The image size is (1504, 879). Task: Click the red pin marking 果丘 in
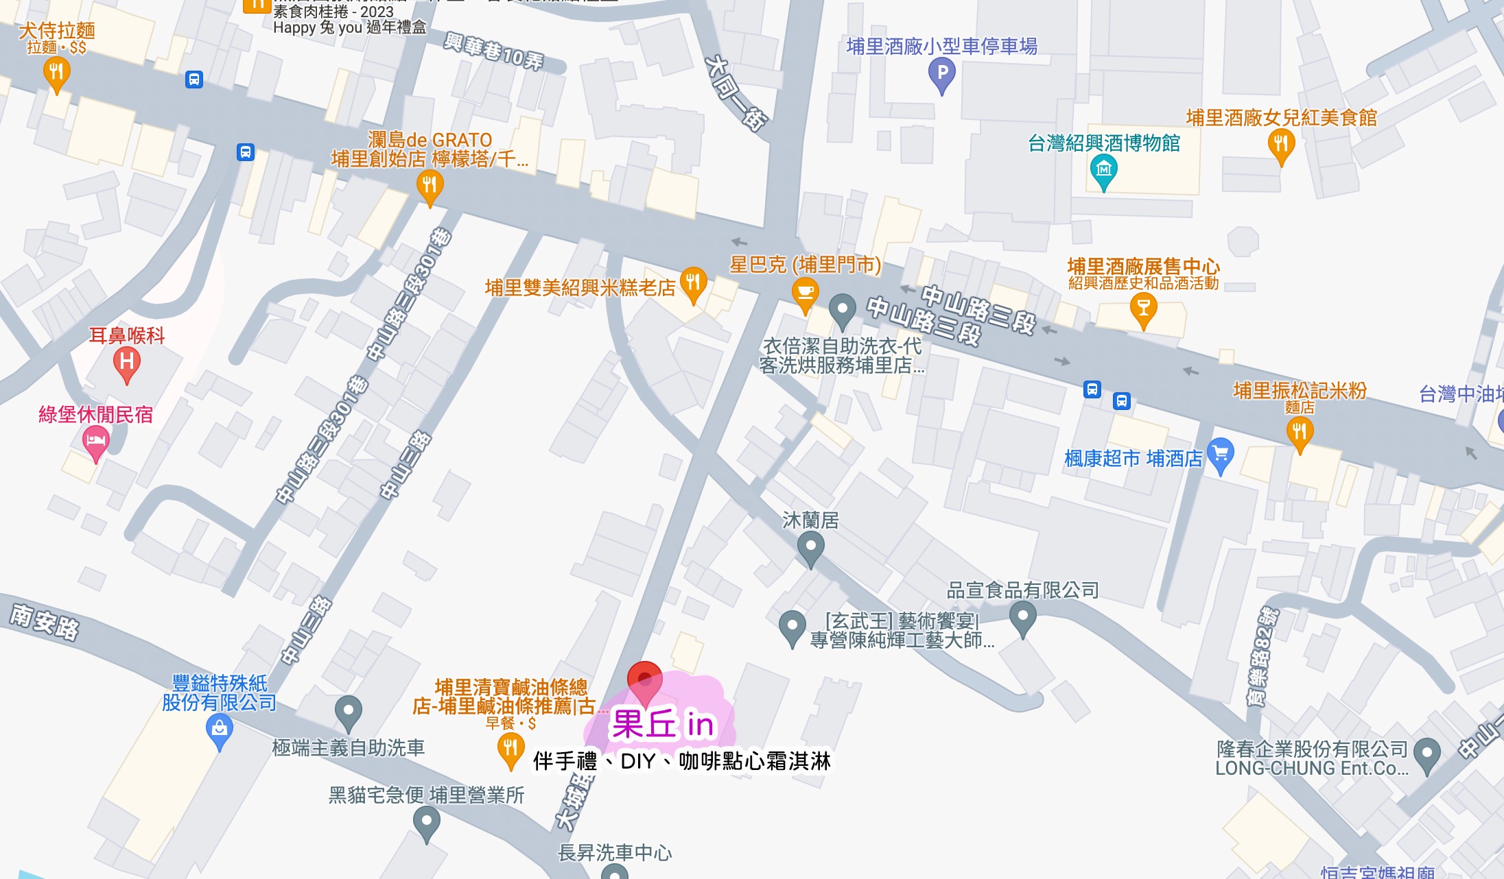645,681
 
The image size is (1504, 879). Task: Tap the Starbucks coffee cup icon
805,293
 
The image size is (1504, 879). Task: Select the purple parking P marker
942,73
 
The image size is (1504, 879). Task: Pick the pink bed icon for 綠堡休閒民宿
96,440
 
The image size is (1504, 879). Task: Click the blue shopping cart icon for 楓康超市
1221,454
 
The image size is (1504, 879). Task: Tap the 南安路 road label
45,622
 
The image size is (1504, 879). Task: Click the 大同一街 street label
736,93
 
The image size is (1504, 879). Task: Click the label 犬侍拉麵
57,31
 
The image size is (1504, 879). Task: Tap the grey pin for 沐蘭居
810,548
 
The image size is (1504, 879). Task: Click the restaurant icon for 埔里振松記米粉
1300,432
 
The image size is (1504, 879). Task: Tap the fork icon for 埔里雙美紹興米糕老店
693,283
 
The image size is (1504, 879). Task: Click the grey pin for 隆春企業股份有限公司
1427,754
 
